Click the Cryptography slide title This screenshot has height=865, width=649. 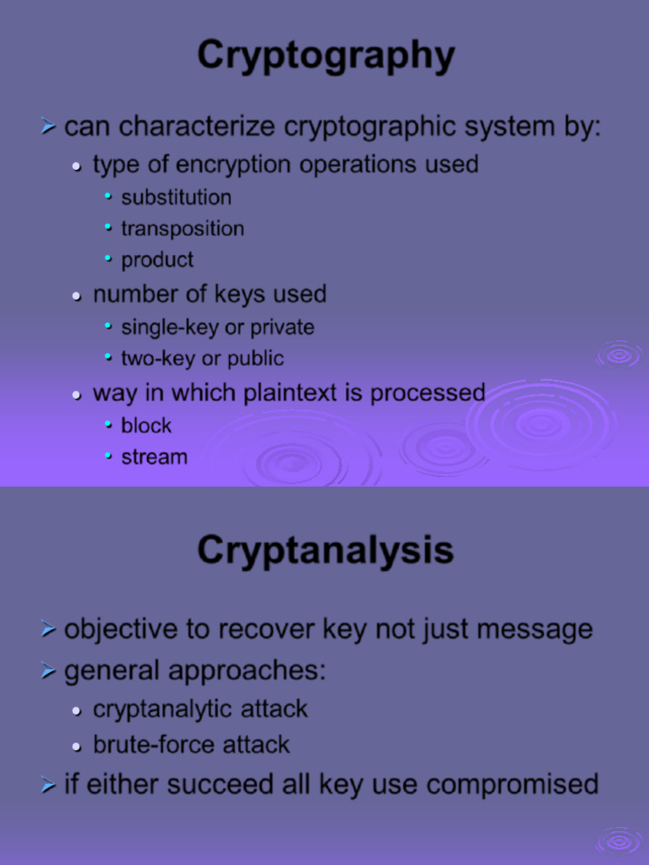click(x=325, y=57)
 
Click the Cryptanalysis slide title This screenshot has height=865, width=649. click(x=325, y=551)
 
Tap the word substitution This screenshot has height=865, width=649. click(x=176, y=198)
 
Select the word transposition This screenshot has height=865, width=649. click(x=183, y=229)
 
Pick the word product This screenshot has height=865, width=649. click(x=157, y=260)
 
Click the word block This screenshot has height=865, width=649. click(x=146, y=426)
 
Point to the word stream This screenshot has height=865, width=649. click(x=154, y=457)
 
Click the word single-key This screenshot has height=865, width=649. click(x=169, y=328)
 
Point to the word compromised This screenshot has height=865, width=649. click(x=512, y=785)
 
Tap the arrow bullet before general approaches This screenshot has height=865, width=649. click(x=48, y=672)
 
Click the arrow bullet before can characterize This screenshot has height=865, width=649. click(x=48, y=128)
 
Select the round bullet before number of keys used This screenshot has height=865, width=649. click(x=77, y=296)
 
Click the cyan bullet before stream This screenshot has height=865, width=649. click(x=108, y=456)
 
